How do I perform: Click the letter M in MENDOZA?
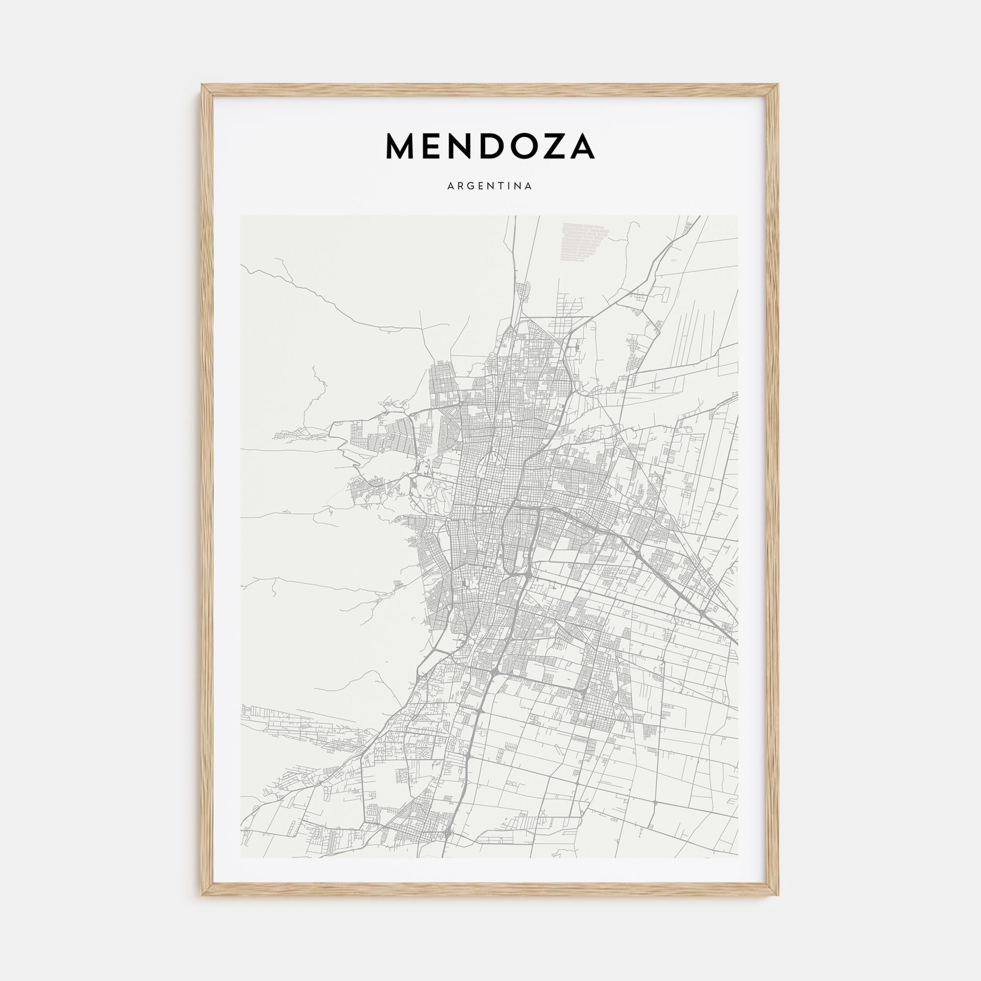pyautogui.click(x=401, y=146)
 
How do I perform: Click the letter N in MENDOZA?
pyautogui.click(x=458, y=146)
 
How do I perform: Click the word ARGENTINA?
pyautogui.click(x=490, y=186)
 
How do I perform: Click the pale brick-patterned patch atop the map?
pyautogui.click(x=584, y=243)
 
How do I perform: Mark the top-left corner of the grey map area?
pyautogui.click(x=241, y=216)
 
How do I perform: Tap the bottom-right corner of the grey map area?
pyautogui.click(x=738, y=857)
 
